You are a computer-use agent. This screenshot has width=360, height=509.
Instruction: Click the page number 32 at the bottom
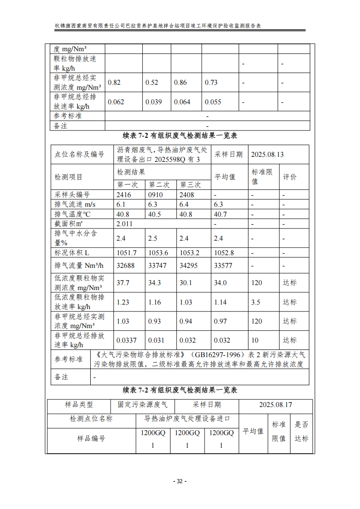coord(180,481)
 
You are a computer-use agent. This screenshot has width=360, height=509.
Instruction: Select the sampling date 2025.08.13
coord(267,155)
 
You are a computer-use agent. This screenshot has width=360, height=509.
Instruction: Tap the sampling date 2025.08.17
coord(276,405)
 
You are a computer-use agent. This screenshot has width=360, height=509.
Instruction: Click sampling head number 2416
coord(124,194)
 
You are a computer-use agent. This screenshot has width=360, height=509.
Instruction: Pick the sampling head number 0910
coord(156,194)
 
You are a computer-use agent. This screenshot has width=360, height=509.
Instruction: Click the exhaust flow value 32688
coord(126,266)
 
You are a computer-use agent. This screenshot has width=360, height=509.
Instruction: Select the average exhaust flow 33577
coord(223,266)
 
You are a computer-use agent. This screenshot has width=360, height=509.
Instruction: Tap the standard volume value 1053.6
coord(158,252)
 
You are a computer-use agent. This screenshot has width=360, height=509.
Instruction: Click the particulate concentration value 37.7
coord(123,283)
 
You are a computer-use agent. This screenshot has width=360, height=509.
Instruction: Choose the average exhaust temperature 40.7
coord(220,214)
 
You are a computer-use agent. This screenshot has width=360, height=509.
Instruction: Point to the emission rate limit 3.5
coord(256,302)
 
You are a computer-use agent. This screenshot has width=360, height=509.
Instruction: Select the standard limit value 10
coord(255,340)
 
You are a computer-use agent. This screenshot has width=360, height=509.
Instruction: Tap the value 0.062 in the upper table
coord(116,102)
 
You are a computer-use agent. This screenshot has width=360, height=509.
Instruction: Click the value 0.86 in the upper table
coord(180,82)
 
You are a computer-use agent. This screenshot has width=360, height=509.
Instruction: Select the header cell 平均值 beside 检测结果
coord(225,177)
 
